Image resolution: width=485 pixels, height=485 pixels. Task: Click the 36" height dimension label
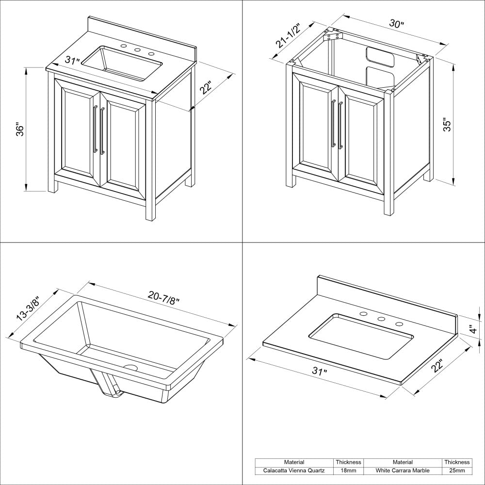tap(20, 129)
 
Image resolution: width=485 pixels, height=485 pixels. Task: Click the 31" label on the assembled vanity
tap(72, 61)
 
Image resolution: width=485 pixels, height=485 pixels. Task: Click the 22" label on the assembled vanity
tap(207, 89)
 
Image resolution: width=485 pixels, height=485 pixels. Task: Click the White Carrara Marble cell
tap(403, 470)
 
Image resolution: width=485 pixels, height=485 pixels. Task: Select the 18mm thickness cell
tap(349, 470)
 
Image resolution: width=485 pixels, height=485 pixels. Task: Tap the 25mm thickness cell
tap(456, 470)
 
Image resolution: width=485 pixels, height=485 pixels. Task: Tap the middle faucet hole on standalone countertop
tap(381, 319)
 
